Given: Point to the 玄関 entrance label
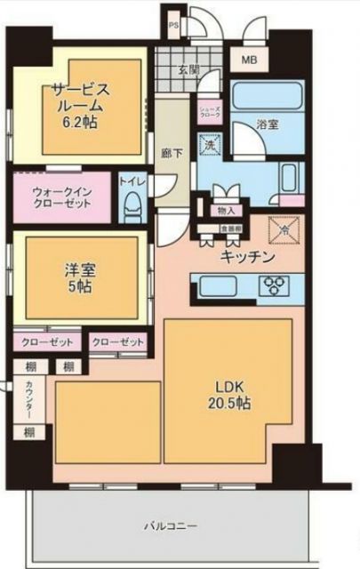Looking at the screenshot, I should (x=188, y=69).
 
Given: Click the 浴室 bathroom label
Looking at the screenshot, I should (x=268, y=125).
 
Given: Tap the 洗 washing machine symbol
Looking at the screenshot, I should (x=210, y=144).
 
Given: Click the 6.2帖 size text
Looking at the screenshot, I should (x=80, y=124).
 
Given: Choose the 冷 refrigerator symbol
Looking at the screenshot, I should (x=284, y=227).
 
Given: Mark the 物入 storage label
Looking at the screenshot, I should (x=226, y=210).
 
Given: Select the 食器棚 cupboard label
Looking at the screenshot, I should (x=207, y=228).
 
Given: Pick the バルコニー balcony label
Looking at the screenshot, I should (x=171, y=526).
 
